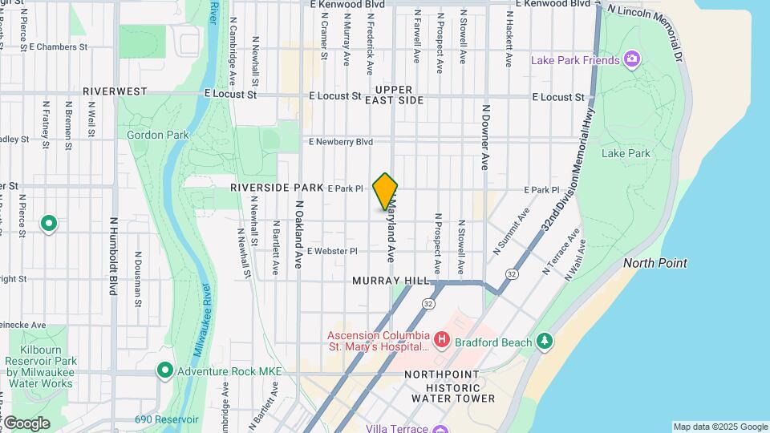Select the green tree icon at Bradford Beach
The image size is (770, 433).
(x=545, y=342)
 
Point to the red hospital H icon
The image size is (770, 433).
(x=441, y=341)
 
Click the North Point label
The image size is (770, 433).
(x=655, y=263)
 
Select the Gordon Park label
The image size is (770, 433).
(x=158, y=135)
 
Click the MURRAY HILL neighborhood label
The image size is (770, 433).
(x=391, y=281)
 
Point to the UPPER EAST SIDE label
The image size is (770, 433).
(x=394, y=95)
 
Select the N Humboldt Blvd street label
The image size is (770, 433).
(x=113, y=256)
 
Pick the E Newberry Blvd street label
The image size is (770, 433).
(x=341, y=142)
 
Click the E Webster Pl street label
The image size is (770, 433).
(x=331, y=251)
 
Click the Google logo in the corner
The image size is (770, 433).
(x=26, y=423)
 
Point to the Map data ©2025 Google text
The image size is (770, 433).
(x=719, y=427)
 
